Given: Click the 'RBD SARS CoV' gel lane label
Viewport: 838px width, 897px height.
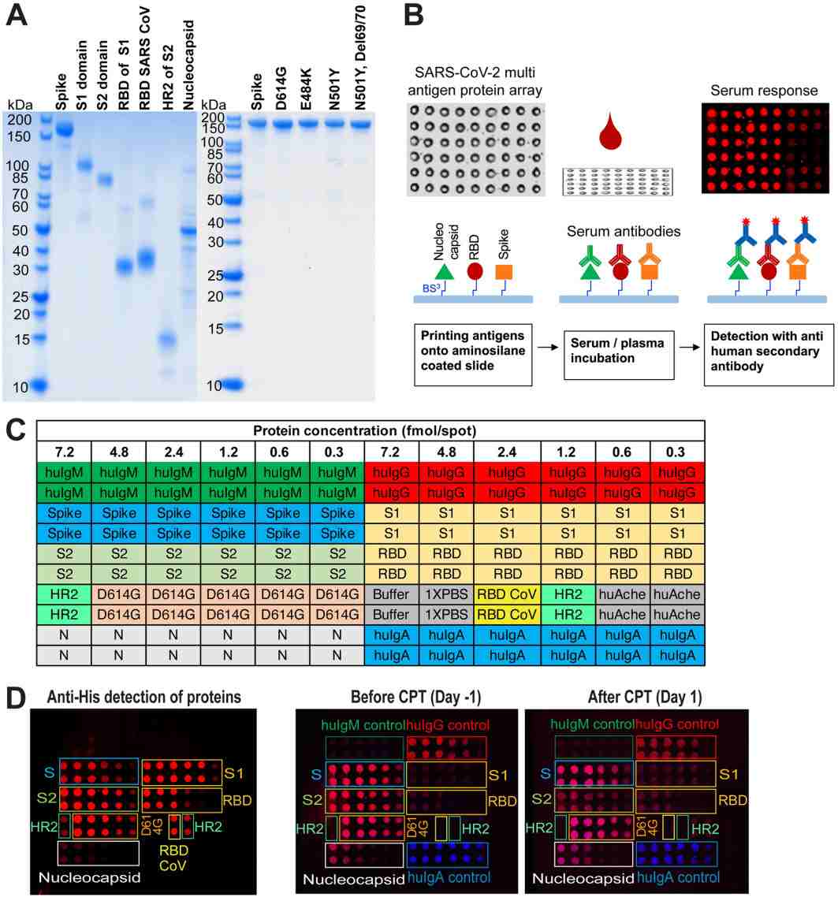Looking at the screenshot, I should tap(145, 59).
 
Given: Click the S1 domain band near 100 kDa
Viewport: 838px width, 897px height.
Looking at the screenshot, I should tap(83, 166).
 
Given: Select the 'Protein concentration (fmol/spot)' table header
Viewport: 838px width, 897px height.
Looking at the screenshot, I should tap(369, 431).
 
